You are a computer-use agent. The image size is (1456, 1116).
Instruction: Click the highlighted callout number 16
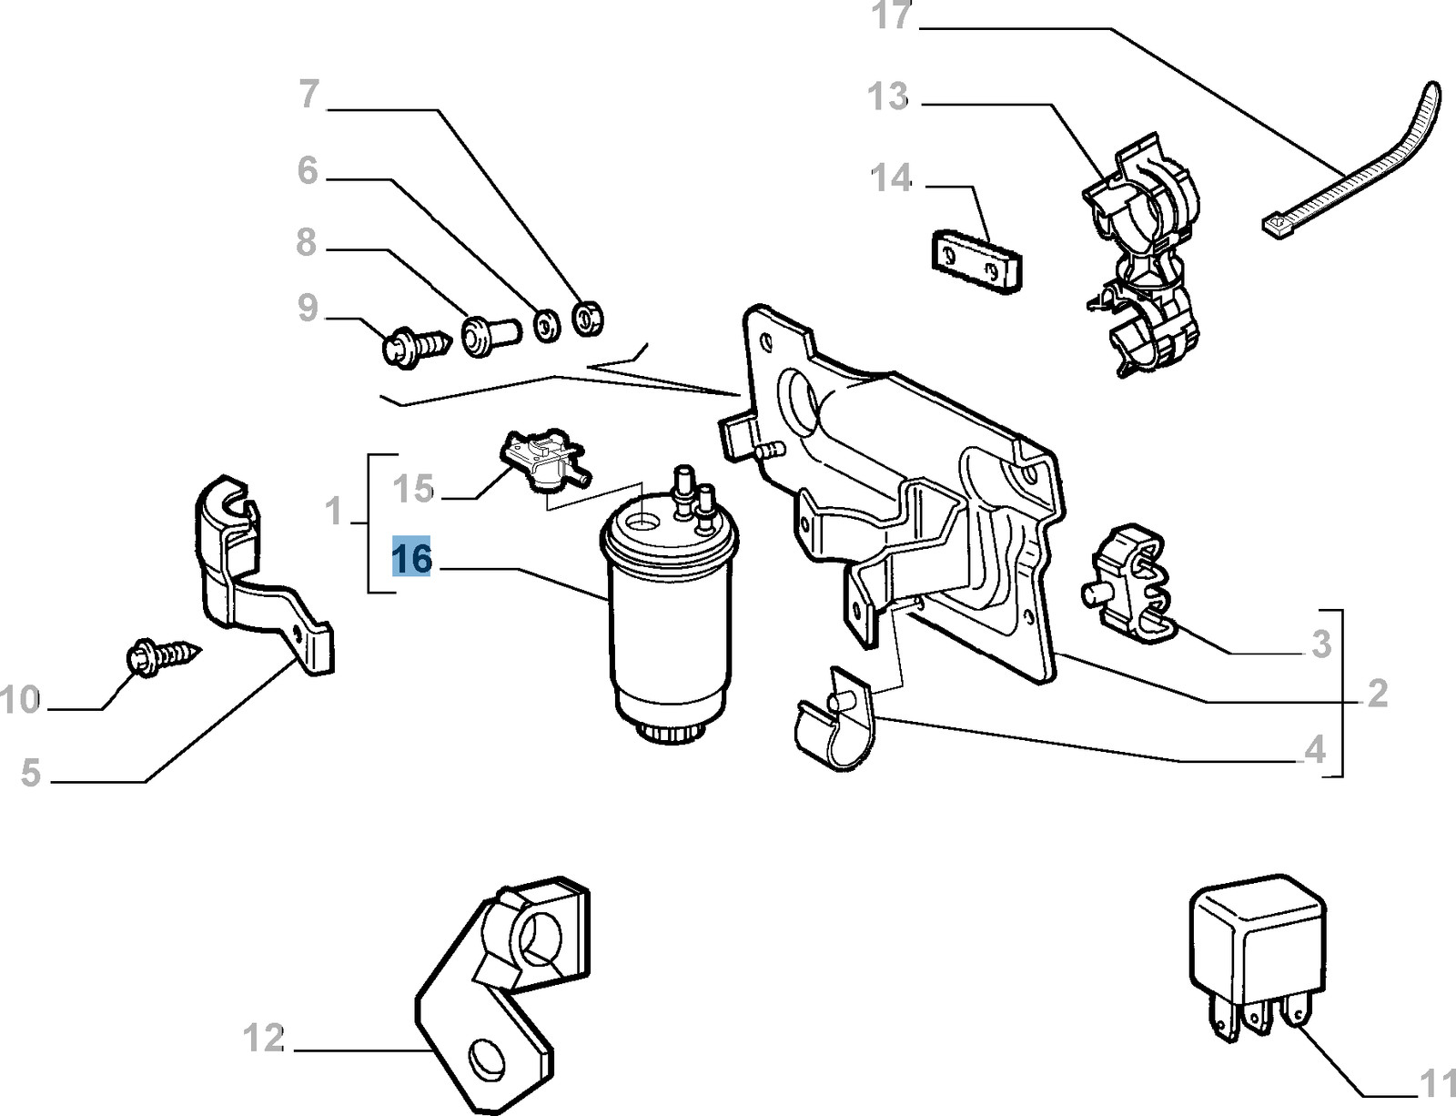pyautogui.click(x=411, y=558)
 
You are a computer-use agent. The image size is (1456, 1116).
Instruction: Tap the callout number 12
pyautogui.click(x=264, y=1039)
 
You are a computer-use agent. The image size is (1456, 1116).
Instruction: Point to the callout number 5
pyautogui.click(x=31, y=772)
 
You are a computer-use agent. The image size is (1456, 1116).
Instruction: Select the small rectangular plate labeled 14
pyautogui.click(x=977, y=261)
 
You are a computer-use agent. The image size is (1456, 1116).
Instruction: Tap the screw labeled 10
pyautogui.click(x=164, y=654)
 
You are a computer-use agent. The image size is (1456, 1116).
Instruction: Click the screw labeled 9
pyautogui.click(x=416, y=345)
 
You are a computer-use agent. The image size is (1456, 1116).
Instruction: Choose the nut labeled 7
pyautogui.click(x=588, y=319)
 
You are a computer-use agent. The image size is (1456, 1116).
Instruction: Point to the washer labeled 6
pyautogui.click(x=547, y=326)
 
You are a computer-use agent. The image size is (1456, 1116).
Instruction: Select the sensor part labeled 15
pyautogui.click(x=544, y=460)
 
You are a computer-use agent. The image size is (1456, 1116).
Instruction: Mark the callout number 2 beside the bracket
pyautogui.click(x=1377, y=694)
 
